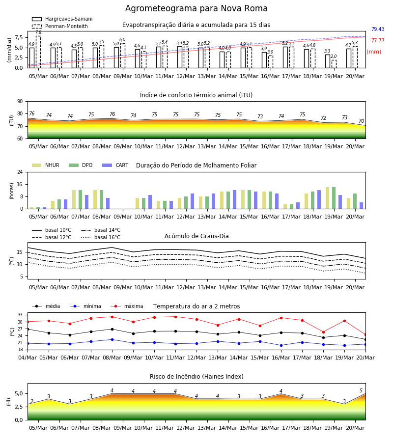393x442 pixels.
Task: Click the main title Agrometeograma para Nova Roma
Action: [x=196, y=8]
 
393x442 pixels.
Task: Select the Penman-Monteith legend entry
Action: [x=60, y=26]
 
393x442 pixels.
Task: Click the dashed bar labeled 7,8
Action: [x=38, y=52]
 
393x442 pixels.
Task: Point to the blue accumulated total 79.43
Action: [x=378, y=29]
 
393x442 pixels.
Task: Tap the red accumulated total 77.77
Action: [x=378, y=40]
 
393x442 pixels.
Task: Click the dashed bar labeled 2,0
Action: [x=334, y=64]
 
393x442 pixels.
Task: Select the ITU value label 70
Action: [x=361, y=121]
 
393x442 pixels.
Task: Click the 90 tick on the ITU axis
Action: [x=20, y=102]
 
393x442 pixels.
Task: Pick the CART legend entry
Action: [x=115, y=165]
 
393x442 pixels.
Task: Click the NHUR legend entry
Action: [x=45, y=165]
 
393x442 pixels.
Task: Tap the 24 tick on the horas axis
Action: [x=20, y=172]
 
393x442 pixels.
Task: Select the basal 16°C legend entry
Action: [x=101, y=237]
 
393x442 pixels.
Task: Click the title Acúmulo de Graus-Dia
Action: [x=196, y=236]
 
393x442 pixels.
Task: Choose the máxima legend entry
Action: [x=127, y=306]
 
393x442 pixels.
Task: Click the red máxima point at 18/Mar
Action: [x=323, y=332]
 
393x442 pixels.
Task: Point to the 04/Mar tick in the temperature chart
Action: [x=28, y=358]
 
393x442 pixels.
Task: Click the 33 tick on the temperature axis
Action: [x=20, y=315]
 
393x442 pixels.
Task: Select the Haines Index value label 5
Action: [x=361, y=390]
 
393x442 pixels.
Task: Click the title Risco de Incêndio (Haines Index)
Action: [x=196, y=376]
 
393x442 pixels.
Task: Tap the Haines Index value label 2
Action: [x=32, y=401]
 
